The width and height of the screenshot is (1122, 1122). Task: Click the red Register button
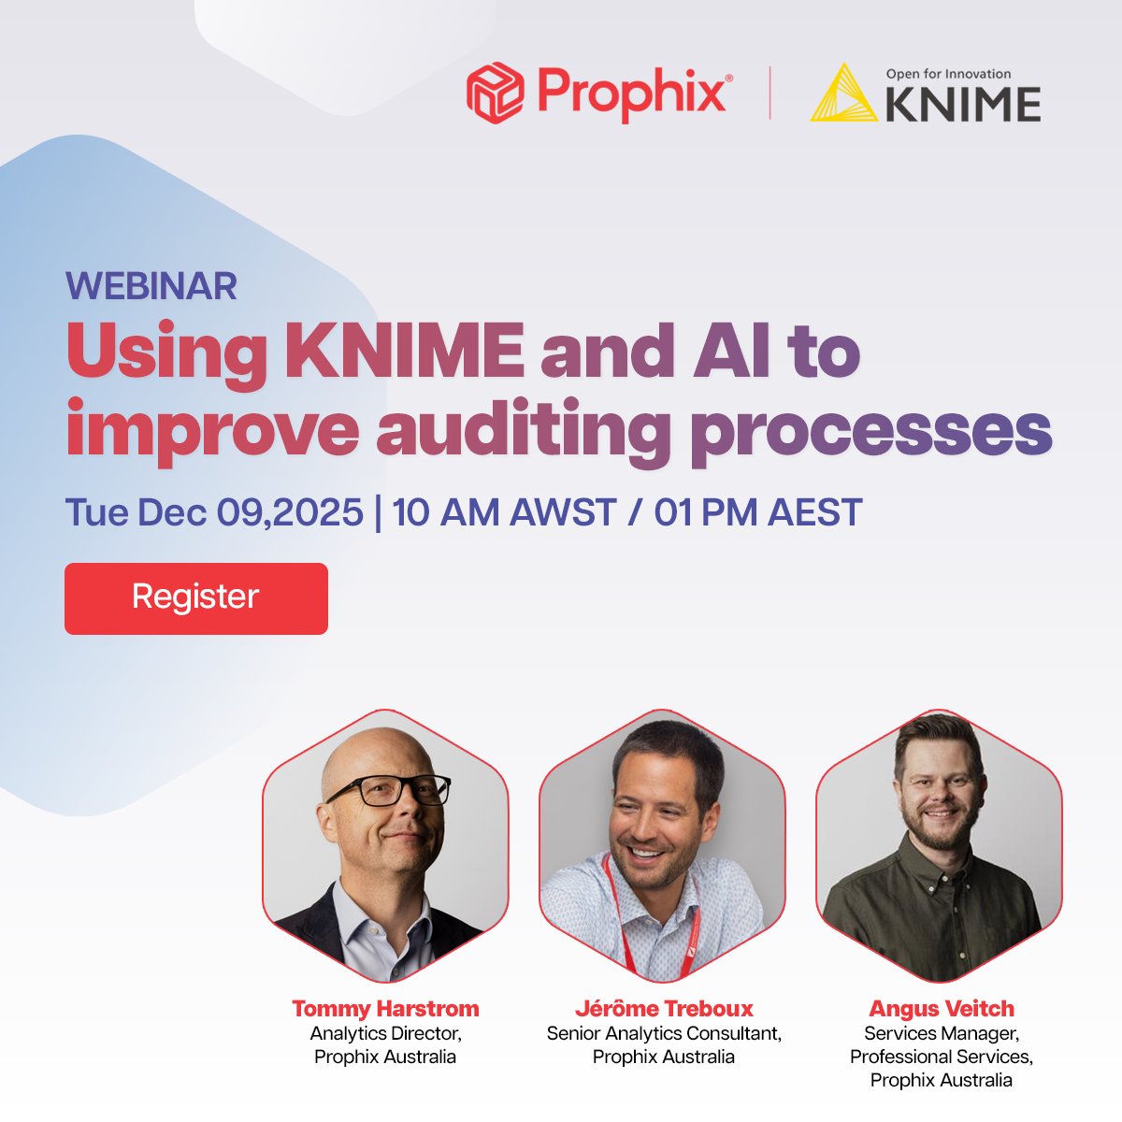pyautogui.click(x=196, y=598)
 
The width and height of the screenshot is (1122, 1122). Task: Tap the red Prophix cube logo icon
pyautogui.click(x=495, y=92)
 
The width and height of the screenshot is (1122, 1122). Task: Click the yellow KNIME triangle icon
pyautogui.click(x=843, y=93)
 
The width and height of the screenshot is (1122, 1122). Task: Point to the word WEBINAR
pyautogui.click(x=151, y=286)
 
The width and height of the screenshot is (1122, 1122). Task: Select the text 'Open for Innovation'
pyautogui.click(x=948, y=74)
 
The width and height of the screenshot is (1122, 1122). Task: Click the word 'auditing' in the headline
pyautogui.click(x=524, y=430)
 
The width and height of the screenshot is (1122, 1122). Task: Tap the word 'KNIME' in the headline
pyautogui.click(x=404, y=352)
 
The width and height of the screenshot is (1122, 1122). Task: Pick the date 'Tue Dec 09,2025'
pyautogui.click(x=214, y=512)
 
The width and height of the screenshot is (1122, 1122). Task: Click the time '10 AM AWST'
pyautogui.click(x=504, y=512)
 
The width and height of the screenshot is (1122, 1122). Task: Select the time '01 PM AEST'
pyautogui.click(x=757, y=512)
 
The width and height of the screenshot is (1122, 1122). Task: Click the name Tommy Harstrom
pyautogui.click(x=385, y=1009)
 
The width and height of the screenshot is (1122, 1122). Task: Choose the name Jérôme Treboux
pyautogui.click(x=664, y=1009)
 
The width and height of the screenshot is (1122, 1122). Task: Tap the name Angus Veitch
pyautogui.click(x=942, y=1009)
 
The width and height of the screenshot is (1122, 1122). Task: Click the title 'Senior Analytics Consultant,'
pyautogui.click(x=664, y=1033)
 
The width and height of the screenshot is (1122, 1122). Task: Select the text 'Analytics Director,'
pyautogui.click(x=385, y=1033)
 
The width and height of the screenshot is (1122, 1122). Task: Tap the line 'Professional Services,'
pyautogui.click(x=942, y=1057)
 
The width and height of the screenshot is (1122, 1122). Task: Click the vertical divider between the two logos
pyautogui.click(x=770, y=93)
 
